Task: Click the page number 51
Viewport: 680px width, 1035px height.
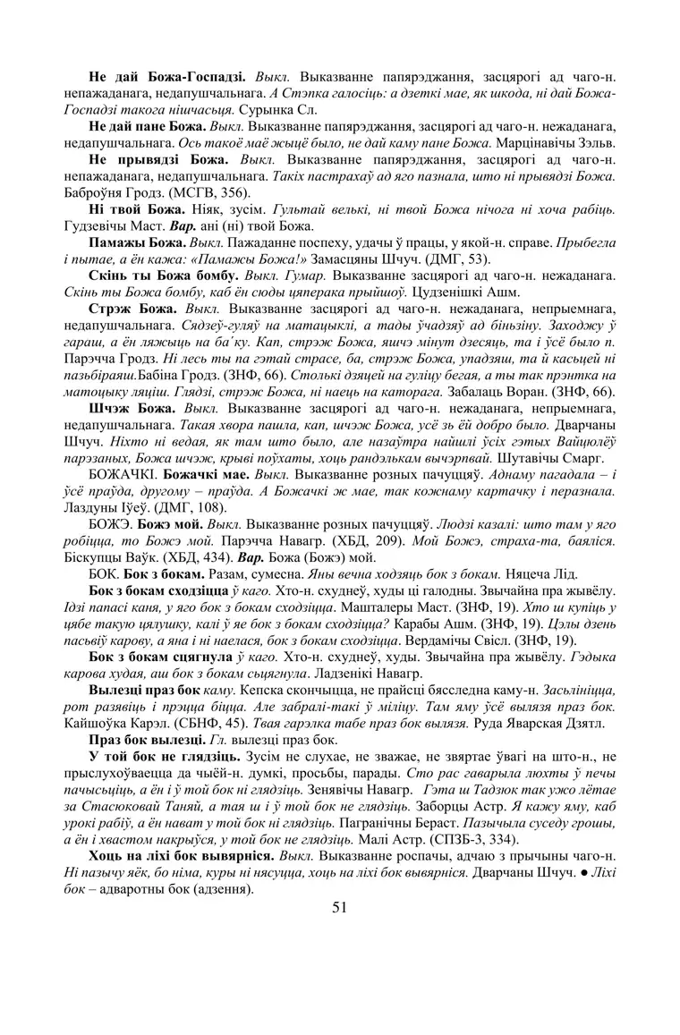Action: pos(339,907)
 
